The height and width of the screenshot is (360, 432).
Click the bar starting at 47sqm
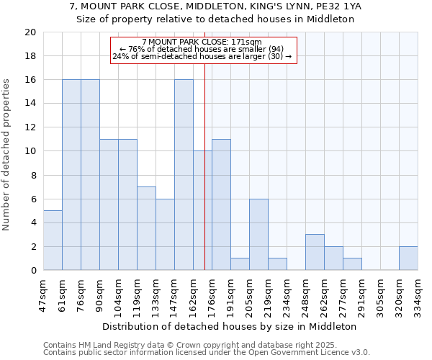coord(53,240)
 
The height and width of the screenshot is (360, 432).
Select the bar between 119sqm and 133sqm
coord(146,228)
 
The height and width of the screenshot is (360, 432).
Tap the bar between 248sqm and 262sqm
coord(315,252)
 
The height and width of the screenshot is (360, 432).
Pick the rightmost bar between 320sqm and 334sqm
coord(408,258)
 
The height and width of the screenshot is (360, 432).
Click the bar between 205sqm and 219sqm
coord(258,234)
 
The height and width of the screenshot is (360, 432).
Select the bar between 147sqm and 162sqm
coord(184,175)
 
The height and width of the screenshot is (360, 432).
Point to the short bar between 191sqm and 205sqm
coord(240,264)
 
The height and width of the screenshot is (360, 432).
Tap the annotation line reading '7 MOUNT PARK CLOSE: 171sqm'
coord(202,42)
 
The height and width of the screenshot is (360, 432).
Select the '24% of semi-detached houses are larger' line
coord(202,56)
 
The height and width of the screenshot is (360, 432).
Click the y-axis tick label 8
coord(32,175)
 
